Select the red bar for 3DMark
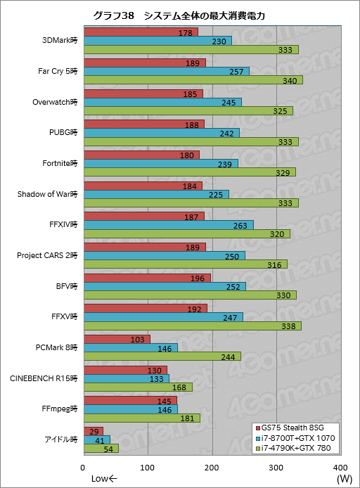[x=141, y=32]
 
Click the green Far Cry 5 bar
[x=193, y=80]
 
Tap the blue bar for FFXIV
[x=168, y=224]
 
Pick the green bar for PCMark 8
[x=162, y=357]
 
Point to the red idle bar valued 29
[x=93, y=430]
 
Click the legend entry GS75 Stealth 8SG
[x=291, y=428]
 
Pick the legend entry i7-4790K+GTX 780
[x=294, y=449]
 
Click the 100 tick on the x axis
[x=148, y=468]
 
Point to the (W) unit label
[x=344, y=479]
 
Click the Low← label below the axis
[x=104, y=479]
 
